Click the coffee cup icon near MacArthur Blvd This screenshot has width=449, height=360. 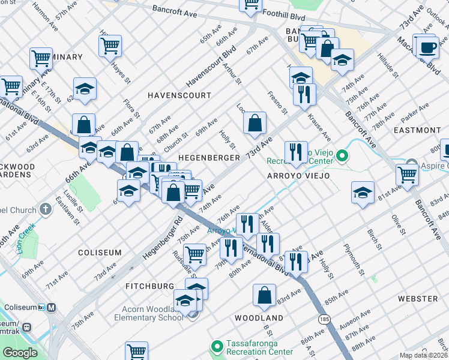[427, 47]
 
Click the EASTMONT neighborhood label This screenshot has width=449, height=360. [417, 130]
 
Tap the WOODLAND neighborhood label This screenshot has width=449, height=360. [259, 317]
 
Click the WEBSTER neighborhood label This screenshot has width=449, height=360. [417, 298]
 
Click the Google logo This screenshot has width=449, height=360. [20, 353]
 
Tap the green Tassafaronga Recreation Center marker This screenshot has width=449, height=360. [217, 346]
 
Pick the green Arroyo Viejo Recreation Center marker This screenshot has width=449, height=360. [342, 157]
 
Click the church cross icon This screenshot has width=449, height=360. [46, 209]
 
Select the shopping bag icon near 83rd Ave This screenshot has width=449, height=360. [264, 295]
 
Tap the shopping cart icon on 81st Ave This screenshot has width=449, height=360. [407, 175]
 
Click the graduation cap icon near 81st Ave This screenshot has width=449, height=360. [363, 193]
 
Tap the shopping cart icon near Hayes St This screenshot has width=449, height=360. [110, 45]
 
